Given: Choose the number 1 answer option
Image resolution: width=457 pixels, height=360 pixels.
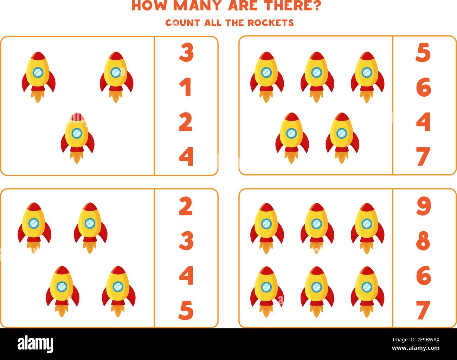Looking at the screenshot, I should click(186, 87).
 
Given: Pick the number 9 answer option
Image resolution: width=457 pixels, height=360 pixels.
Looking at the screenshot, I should click(423, 206).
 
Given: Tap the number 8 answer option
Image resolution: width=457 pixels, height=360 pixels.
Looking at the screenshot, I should click(423, 241).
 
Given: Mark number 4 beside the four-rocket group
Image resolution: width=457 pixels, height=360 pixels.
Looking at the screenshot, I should click(186, 275).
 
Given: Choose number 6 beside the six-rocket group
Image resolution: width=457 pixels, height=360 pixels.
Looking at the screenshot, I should click(423, 275).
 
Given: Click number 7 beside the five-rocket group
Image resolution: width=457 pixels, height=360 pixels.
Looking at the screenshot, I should click(423, 156).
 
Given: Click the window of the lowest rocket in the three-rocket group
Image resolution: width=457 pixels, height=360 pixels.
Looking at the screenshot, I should click(77, 133).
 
